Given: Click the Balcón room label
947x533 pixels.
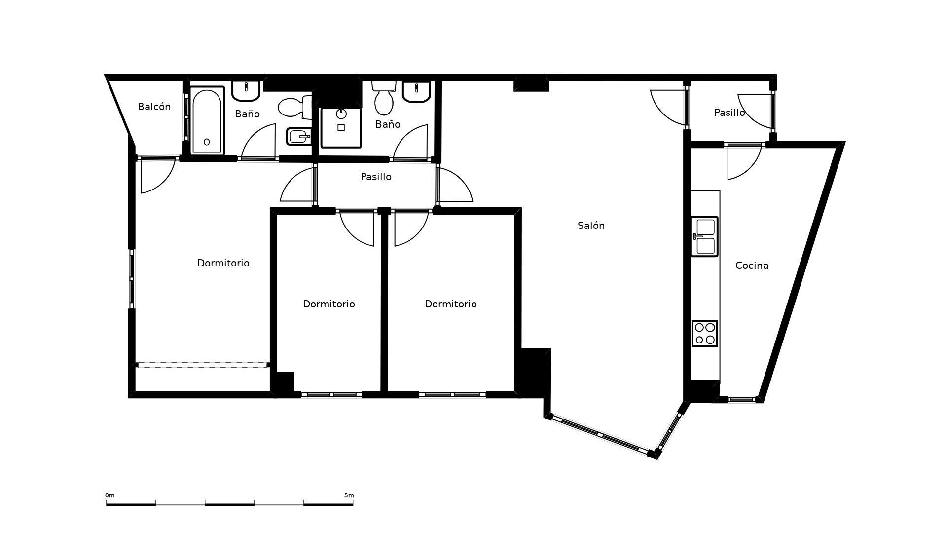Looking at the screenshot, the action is coord(154,107).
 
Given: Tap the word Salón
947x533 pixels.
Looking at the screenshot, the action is coord(591,226).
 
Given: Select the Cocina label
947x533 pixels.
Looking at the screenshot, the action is coord(752,266).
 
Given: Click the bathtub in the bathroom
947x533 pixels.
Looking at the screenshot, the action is coord(207,121).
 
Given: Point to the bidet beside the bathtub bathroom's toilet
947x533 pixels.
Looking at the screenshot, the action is coord(299,137).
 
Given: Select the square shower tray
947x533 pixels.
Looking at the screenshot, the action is coord(341,127).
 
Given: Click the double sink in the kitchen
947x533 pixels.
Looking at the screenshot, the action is coord(704,236).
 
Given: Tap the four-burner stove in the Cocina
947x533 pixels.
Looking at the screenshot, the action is coord(704,334).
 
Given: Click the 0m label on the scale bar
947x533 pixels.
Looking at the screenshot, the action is coord(109,495).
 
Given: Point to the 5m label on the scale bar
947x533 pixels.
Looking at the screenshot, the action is coord(349,495).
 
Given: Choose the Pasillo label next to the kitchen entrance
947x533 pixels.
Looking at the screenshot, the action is coord(729,113).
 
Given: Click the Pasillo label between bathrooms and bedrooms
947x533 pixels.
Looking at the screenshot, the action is coord(376,177).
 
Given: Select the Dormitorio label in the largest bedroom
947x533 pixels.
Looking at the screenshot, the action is coord(223,263).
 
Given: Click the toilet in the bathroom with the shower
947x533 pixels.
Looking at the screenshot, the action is coord(384,98).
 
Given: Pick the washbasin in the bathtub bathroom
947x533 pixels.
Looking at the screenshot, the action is coord(246,90).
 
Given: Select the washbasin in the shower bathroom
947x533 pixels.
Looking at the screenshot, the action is coord(417,91).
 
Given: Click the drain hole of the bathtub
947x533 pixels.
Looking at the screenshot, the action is coord(207,142).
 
